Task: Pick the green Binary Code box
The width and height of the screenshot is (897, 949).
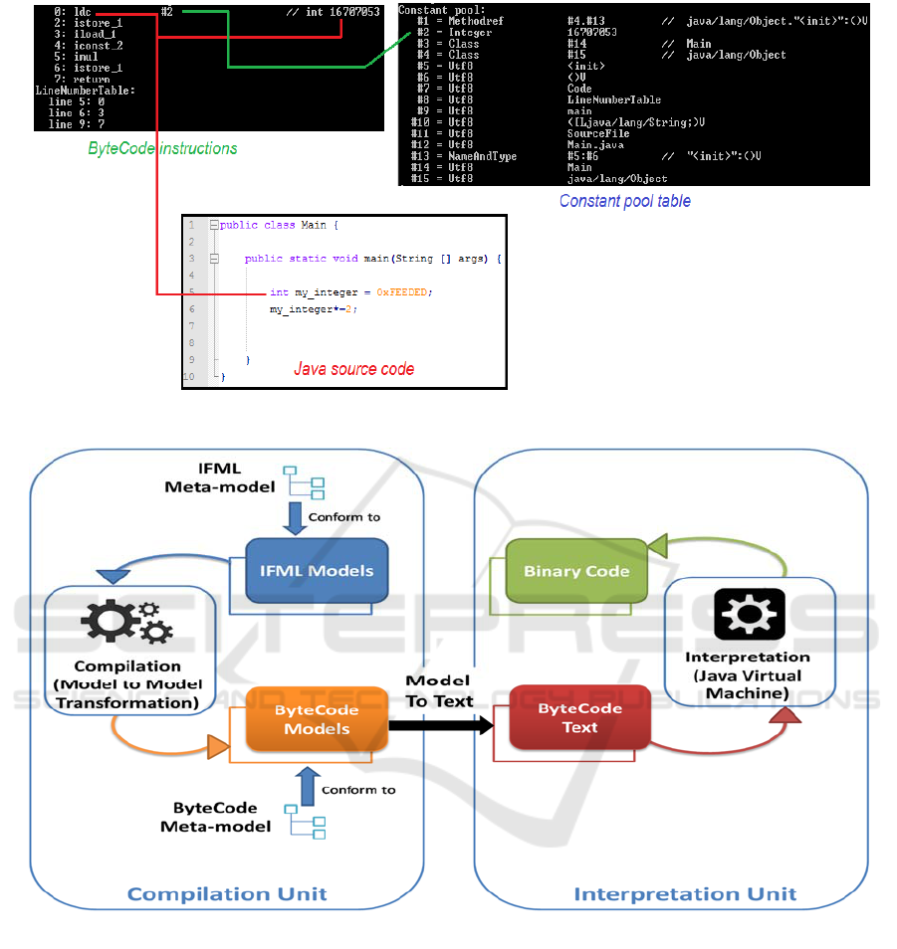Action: click(x=576, y=571)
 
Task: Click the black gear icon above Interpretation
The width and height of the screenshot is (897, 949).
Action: click(x=748, y=614)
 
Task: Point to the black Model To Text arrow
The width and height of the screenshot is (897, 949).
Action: click(x=440, y=725)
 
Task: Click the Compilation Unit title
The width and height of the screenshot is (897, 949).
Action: click(x=227, y=893)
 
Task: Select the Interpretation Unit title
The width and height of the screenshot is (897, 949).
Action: click(x=685, y=893)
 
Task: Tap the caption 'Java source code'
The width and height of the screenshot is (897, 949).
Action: click(x=353, y=369)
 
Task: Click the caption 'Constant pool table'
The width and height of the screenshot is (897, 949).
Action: click(x=624, y=201)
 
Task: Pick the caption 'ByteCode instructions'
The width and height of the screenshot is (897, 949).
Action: click(x=162, y=148)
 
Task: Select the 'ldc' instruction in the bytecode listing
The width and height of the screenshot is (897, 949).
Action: click(x=83, y=12)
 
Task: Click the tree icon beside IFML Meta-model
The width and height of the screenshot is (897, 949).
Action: click(x=304, y=481)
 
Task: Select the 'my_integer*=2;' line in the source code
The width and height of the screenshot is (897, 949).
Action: click(x=313, y=309)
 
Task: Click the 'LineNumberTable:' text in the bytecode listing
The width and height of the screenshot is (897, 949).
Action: click(x=85, y=91)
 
